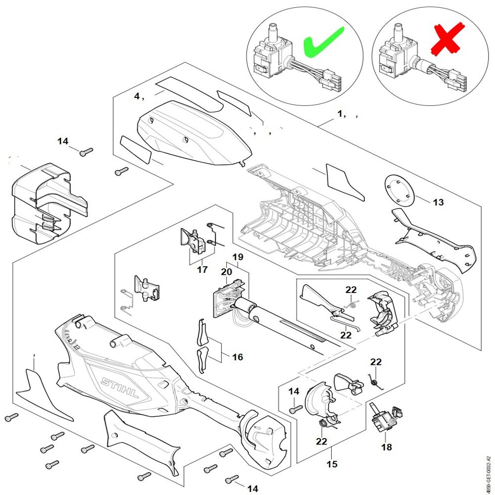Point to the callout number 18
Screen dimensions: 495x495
point(386,447)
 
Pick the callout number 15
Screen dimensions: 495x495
point(332,464)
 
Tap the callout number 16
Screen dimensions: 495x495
point(238,357)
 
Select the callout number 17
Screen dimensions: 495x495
point(202,270)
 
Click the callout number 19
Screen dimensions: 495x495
point(238,257)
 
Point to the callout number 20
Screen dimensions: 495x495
point(226,272)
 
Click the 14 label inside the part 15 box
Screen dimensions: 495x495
point(294,391)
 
